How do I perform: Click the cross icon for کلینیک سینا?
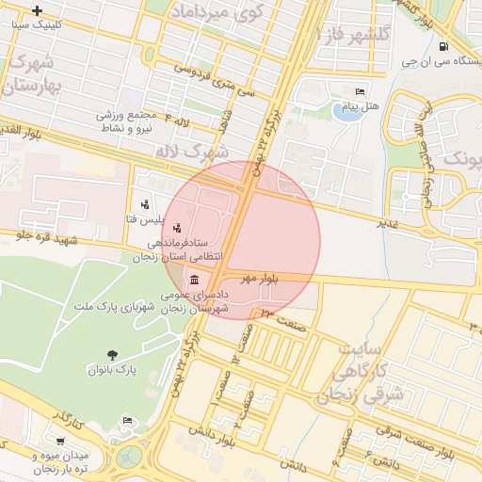coord(37,11)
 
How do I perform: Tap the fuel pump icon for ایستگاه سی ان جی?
coord(443,46)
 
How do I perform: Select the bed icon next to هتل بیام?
coord(361,91)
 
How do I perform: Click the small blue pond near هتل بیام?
coord(340,113)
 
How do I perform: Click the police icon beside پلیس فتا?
coord(144,204)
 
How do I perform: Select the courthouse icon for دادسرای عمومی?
coord(194,281)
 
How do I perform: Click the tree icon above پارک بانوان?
coord(113,355)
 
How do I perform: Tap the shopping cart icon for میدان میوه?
coord(61,441)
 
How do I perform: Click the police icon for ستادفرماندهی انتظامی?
coord(179,228)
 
